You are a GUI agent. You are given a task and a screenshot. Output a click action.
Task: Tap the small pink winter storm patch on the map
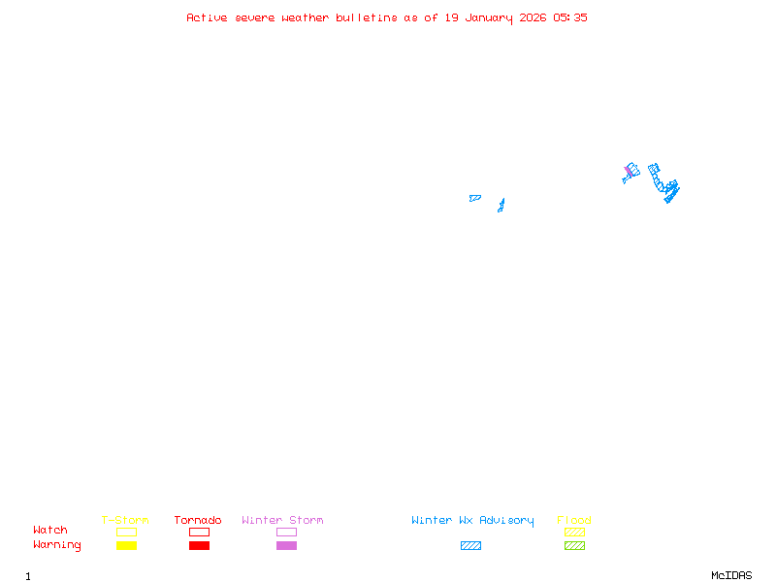pos(629,171)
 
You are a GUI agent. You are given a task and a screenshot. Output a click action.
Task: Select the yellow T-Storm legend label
pos(125,521)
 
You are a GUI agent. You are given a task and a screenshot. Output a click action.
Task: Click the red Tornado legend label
pos(198,521)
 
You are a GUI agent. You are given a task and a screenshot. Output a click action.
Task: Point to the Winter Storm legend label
pos(282,521)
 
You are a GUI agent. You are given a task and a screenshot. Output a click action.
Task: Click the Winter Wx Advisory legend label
pos(472,521)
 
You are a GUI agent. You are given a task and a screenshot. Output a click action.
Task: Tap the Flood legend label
pos(574,521)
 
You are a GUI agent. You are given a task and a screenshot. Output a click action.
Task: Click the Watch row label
pos(50,531)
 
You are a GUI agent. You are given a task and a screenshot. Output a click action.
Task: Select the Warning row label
pos(57,545)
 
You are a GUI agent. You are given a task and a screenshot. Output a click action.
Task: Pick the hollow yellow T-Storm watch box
pos(126,532)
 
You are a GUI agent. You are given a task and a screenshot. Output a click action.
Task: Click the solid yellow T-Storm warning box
pos(126,546)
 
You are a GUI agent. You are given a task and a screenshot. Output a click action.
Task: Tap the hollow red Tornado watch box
pos(199,532)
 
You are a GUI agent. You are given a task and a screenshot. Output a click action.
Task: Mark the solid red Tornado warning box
pos(199,546)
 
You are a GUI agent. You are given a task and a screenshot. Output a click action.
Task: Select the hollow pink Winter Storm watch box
pos(286,532)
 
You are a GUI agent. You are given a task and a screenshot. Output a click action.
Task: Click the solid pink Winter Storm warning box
pos(286,546)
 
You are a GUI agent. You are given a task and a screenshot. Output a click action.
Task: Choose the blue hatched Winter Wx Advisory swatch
pos(470,546)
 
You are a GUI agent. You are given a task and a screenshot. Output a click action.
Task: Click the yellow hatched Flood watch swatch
pos(574,532)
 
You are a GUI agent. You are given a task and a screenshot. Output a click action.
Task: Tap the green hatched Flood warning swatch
pos(574,546)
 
